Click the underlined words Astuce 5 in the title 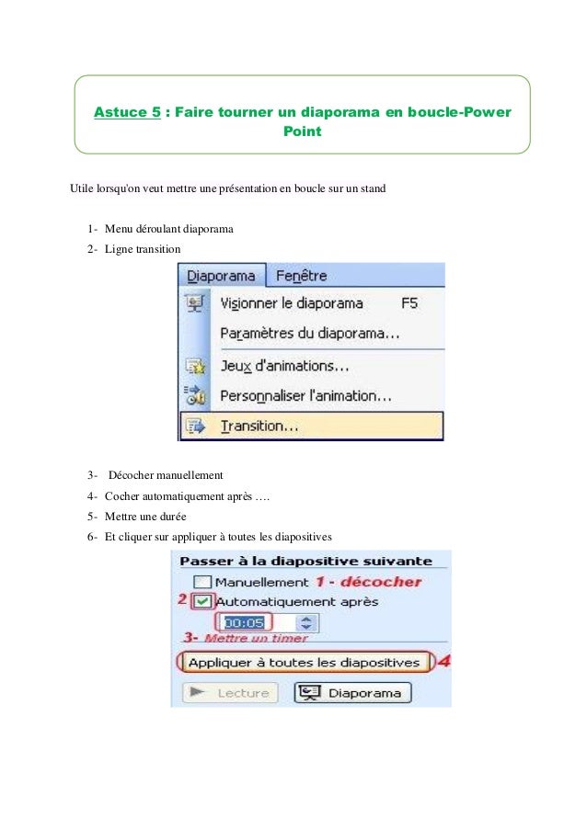pos(122,113)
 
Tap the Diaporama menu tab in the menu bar pos(221,276)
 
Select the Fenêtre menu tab pos(301,276)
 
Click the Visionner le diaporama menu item pos(291,303)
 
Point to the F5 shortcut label pos(411,303)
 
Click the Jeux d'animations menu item pos(284,366)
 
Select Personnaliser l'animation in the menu pos(305,396)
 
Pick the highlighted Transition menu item pos(259,426)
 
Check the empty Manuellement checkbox pos(203,582)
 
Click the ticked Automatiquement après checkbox pos(203,601)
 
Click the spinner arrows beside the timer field pos(307,623)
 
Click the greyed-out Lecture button pos(231,693)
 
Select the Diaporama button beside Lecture pos(353,693)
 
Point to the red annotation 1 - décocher pos(368,581)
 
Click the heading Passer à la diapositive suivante pos(305,560)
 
